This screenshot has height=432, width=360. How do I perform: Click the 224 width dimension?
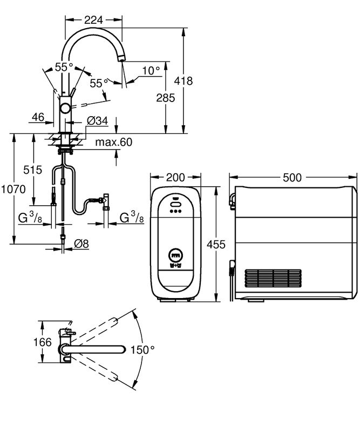(94, 20)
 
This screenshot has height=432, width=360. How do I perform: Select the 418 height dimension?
(185, 80)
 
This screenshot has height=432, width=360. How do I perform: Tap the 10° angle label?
(151, 70)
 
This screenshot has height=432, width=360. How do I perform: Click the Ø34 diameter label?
(98, 120)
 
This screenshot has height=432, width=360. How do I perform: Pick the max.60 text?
(114, 142)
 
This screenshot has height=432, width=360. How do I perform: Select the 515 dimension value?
(32, 170)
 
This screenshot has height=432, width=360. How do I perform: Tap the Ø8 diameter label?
(81, 244)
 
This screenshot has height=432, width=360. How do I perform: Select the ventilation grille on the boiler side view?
(273, 279)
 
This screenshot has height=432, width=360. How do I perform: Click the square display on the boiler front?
(175, 254)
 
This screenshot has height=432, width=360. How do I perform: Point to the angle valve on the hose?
(105, 200)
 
